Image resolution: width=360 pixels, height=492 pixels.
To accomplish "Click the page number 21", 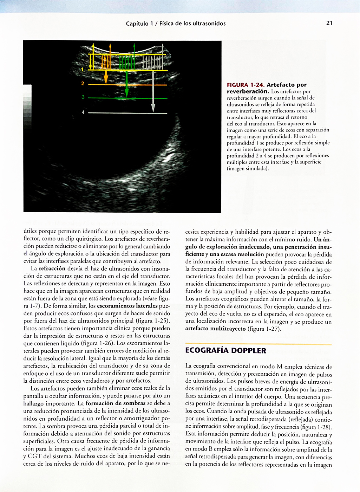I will tap(329, 23).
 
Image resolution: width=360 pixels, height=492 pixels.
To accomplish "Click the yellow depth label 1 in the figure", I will tap(83, 70).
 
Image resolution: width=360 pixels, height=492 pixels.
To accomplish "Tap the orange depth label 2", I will tap(83, 84).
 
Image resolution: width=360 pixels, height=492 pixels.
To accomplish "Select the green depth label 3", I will tap(83, 97).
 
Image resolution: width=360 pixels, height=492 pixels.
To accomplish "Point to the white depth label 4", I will tap(83, 112).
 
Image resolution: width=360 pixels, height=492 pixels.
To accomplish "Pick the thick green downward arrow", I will tap(127, 84).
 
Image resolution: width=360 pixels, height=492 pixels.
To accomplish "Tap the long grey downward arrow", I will tap(153, 91).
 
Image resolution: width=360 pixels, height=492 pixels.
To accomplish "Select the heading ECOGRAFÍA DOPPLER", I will tap(225, 350).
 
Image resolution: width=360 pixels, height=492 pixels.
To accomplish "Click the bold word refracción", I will tap(52, 269).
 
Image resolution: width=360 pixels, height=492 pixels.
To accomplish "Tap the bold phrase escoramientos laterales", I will tap(127, 306).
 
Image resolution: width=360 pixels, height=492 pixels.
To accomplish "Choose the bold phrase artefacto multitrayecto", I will tap(216, 329).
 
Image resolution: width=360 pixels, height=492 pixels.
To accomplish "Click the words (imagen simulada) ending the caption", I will tap(248, 169).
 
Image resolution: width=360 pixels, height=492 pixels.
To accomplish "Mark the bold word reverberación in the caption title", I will tap(247, 91).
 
